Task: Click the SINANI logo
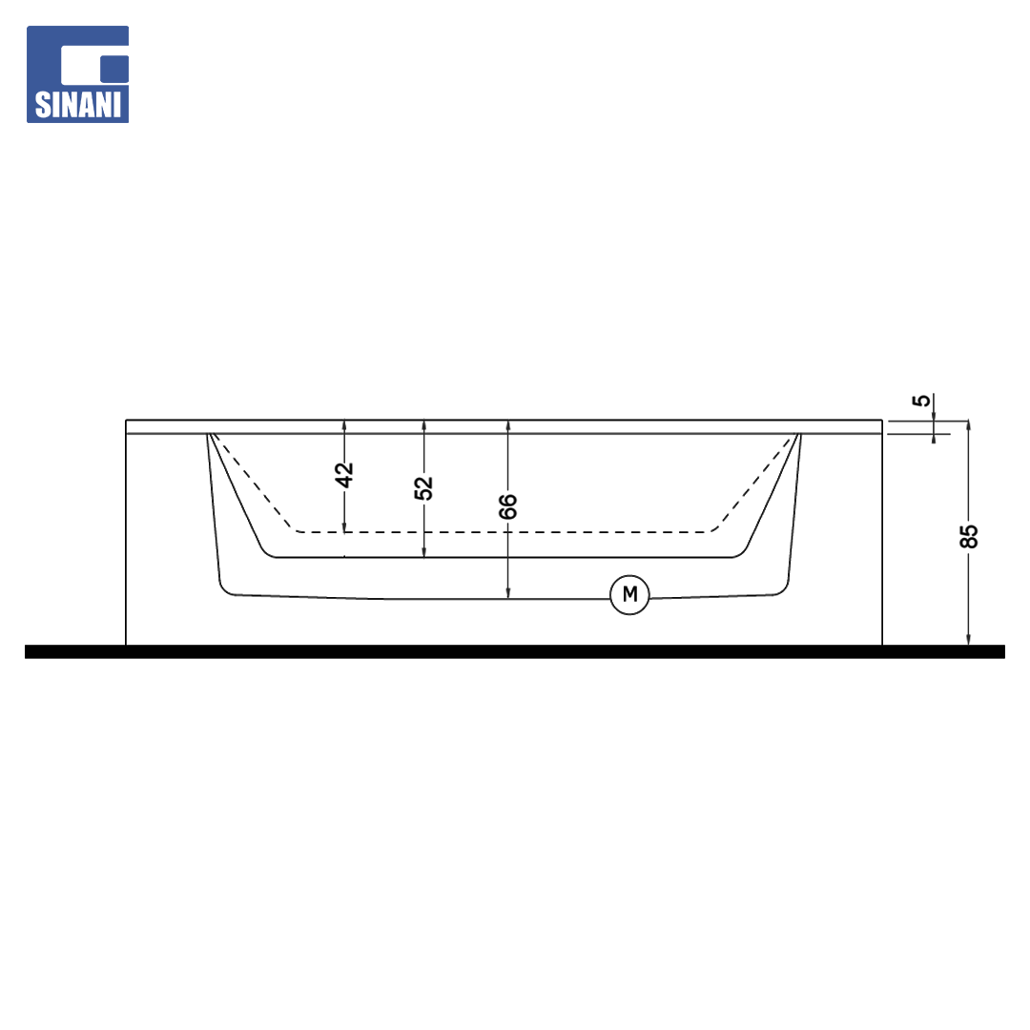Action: tap(77, 74)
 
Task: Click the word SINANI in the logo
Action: tap(78, 105)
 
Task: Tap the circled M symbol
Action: tap(629, 594)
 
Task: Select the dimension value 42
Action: tap(344, 475)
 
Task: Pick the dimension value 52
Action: tap(423, 487)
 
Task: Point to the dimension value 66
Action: tap(507, 506)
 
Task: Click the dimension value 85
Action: tap(969, 536)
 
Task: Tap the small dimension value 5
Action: tap(922, 400)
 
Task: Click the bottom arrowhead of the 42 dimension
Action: tap(344, 526)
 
